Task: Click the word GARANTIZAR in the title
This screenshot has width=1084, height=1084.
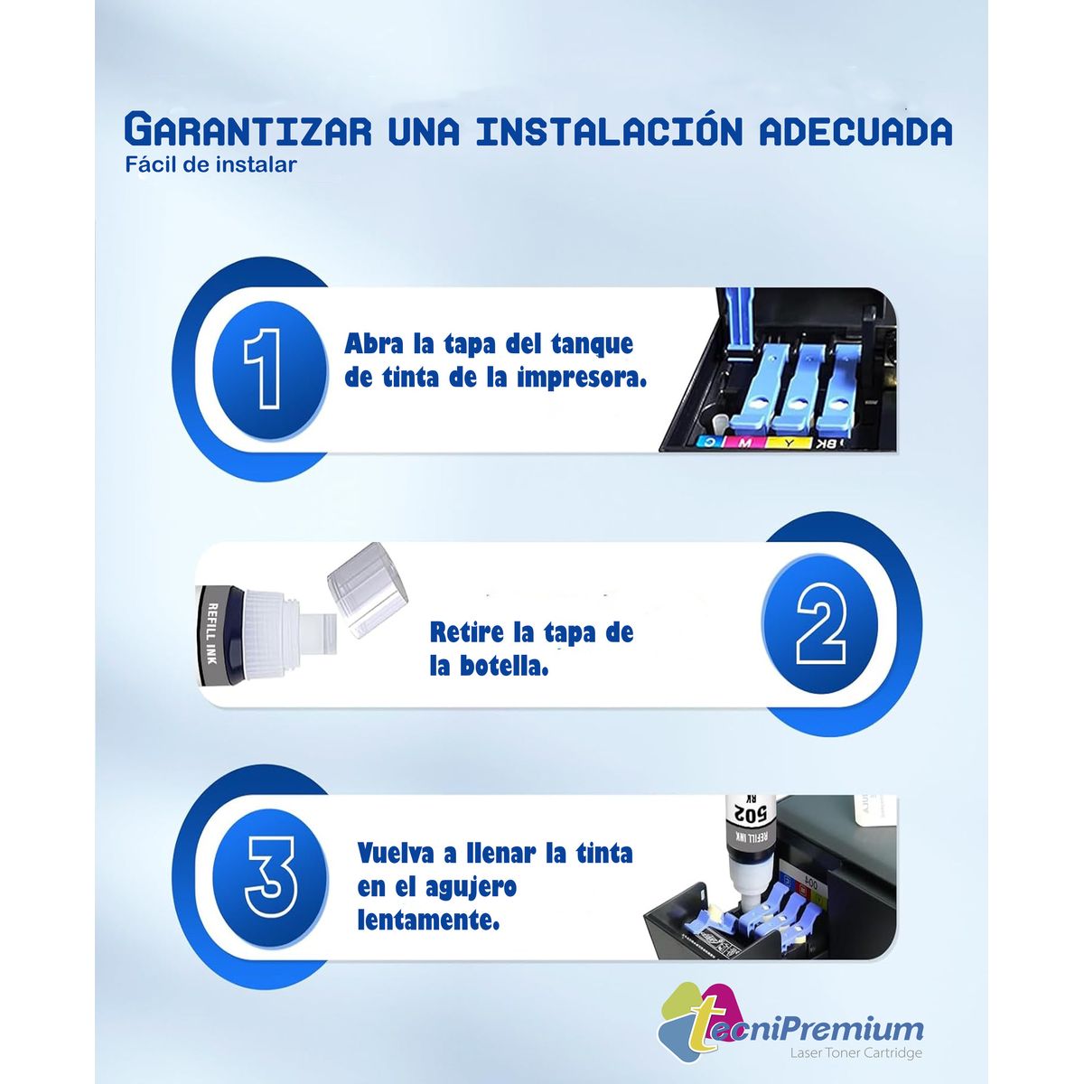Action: [x=247, y=130]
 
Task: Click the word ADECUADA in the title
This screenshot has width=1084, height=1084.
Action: [x=855, y=132]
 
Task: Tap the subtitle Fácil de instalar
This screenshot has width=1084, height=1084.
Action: [x=210, y=165]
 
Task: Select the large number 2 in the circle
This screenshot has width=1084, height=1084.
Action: [x=820, y=623]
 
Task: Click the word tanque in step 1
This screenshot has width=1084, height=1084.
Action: [x=591, y=345]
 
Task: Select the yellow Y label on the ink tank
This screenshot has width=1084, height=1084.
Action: [x=789, y=443]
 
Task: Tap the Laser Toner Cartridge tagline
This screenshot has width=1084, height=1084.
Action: [x=855, y=1053]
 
